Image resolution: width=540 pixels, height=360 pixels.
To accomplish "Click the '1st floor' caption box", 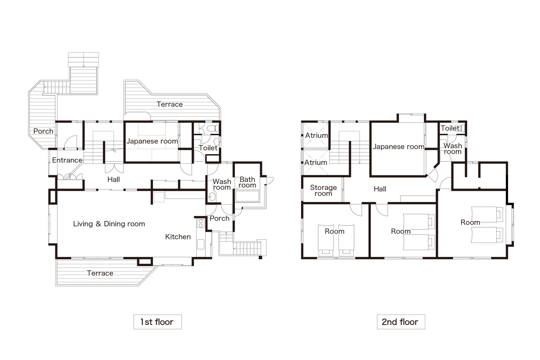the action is [157, 322].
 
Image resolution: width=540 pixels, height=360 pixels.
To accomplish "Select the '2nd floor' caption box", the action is [401, 322].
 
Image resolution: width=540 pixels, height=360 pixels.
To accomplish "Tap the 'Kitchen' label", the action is [178, 237].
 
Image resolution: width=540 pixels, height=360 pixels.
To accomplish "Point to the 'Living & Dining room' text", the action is [109, 224].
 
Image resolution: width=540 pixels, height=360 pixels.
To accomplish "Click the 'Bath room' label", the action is [247, 182].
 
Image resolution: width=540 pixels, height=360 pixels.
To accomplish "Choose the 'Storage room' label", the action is [323, 190].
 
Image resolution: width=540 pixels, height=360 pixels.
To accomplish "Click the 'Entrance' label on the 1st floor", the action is [67, 160].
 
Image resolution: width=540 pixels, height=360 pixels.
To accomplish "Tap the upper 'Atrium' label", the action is [316, 135].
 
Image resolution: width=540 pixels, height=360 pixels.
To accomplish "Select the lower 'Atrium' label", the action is [315, 162].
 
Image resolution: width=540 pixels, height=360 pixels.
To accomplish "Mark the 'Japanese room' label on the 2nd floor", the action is [399, 147].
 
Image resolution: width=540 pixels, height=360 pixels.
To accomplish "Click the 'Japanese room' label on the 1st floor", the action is [152, 141].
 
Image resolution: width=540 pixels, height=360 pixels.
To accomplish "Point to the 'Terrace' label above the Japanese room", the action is [170, 104].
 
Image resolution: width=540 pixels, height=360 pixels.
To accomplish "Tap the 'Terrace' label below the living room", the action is [100, 273].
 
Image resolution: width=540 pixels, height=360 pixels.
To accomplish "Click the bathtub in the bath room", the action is [247, 196].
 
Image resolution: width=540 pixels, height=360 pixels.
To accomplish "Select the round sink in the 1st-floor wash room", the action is [211, 197].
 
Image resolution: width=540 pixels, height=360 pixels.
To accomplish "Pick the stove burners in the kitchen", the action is [200, 223].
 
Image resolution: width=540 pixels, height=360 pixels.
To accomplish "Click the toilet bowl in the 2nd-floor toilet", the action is [462, 128].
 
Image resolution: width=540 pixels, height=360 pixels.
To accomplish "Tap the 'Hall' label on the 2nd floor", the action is [380, 189].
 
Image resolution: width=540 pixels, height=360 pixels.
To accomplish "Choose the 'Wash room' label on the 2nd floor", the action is [453, 148].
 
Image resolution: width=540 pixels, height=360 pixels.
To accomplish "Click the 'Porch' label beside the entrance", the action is [43, 131].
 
